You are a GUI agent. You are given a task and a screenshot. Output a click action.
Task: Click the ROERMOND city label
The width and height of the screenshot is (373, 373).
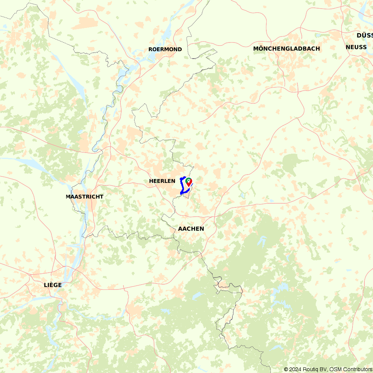coord(165,49)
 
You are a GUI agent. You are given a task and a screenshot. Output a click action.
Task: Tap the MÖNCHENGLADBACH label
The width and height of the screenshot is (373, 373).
coord(286,48)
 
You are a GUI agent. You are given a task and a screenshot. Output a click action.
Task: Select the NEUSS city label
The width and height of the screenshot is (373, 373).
coord(356,47)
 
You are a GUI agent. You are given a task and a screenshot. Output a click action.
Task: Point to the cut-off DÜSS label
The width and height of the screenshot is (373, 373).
coord(364,35)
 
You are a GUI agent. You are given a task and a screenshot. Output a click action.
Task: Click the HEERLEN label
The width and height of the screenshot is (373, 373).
coord(162,181)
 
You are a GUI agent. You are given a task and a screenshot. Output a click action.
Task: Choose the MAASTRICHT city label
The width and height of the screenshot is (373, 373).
coord(84,197)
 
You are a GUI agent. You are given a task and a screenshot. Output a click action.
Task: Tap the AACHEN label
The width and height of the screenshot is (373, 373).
coord(191,229)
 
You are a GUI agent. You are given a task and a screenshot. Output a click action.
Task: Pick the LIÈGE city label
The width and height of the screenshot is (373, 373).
coord(53,285)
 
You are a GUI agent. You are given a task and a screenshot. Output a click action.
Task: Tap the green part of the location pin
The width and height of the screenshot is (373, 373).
coord(188,180)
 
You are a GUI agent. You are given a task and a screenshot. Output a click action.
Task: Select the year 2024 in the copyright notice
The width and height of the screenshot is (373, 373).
coord(295,369)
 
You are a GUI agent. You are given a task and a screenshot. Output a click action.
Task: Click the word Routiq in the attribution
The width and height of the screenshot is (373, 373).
coord(310,369)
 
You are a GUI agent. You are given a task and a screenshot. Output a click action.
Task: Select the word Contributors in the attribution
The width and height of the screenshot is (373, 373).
coord(357,369)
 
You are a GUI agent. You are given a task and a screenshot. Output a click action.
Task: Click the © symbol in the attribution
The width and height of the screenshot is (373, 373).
coord(286,369)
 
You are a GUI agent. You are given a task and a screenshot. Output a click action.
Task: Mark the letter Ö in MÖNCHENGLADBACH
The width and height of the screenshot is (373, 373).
coord(261,48)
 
